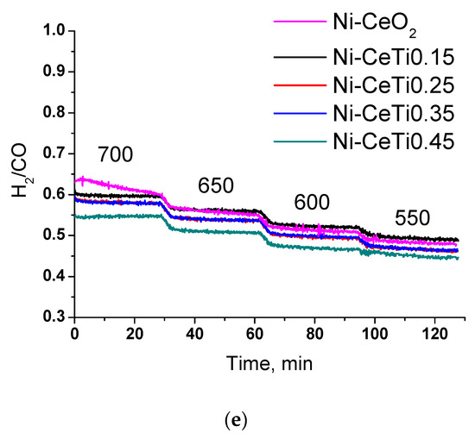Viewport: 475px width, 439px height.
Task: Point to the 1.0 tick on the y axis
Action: (x=54, y=31)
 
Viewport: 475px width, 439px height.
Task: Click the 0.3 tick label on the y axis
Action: (x=54, y=317)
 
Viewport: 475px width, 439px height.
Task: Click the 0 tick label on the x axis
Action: (x=76, y=335)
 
